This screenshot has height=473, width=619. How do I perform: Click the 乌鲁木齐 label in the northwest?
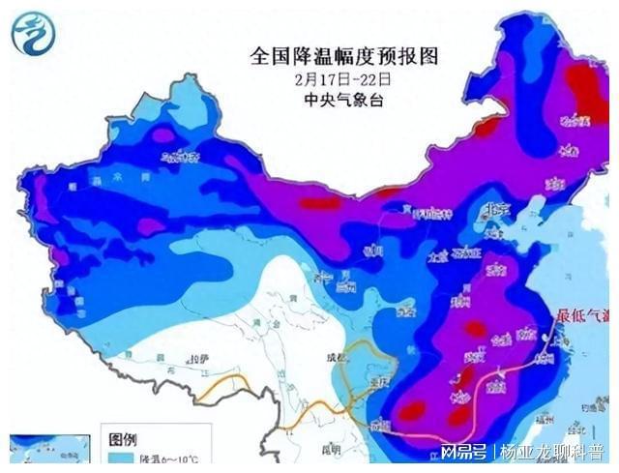pyautogui.click(x=179, y=156)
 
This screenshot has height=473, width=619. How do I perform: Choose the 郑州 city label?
pyautogui.click(x=458, y=300)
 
